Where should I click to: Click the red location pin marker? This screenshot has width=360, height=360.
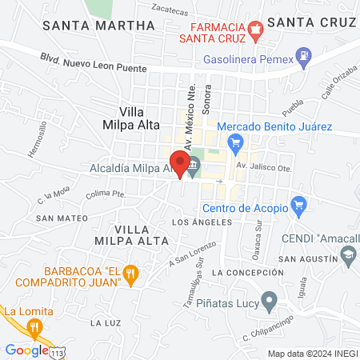pos(180,163)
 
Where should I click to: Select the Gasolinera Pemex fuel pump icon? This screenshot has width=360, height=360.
pos(304,57)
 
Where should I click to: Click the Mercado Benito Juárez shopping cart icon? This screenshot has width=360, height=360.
pos(234,143)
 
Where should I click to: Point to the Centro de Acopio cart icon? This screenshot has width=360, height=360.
pos(298,205)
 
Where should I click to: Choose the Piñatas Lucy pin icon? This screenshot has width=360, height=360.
pos(270,302)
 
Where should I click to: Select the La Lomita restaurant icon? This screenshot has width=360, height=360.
pos(33,326)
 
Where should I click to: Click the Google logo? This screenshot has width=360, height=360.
pos(26,350)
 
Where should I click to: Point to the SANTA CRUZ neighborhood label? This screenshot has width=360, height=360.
pos(310,22)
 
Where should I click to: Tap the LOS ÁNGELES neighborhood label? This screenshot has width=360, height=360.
pos(202,222)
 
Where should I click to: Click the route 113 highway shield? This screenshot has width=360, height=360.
pos(58,353)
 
